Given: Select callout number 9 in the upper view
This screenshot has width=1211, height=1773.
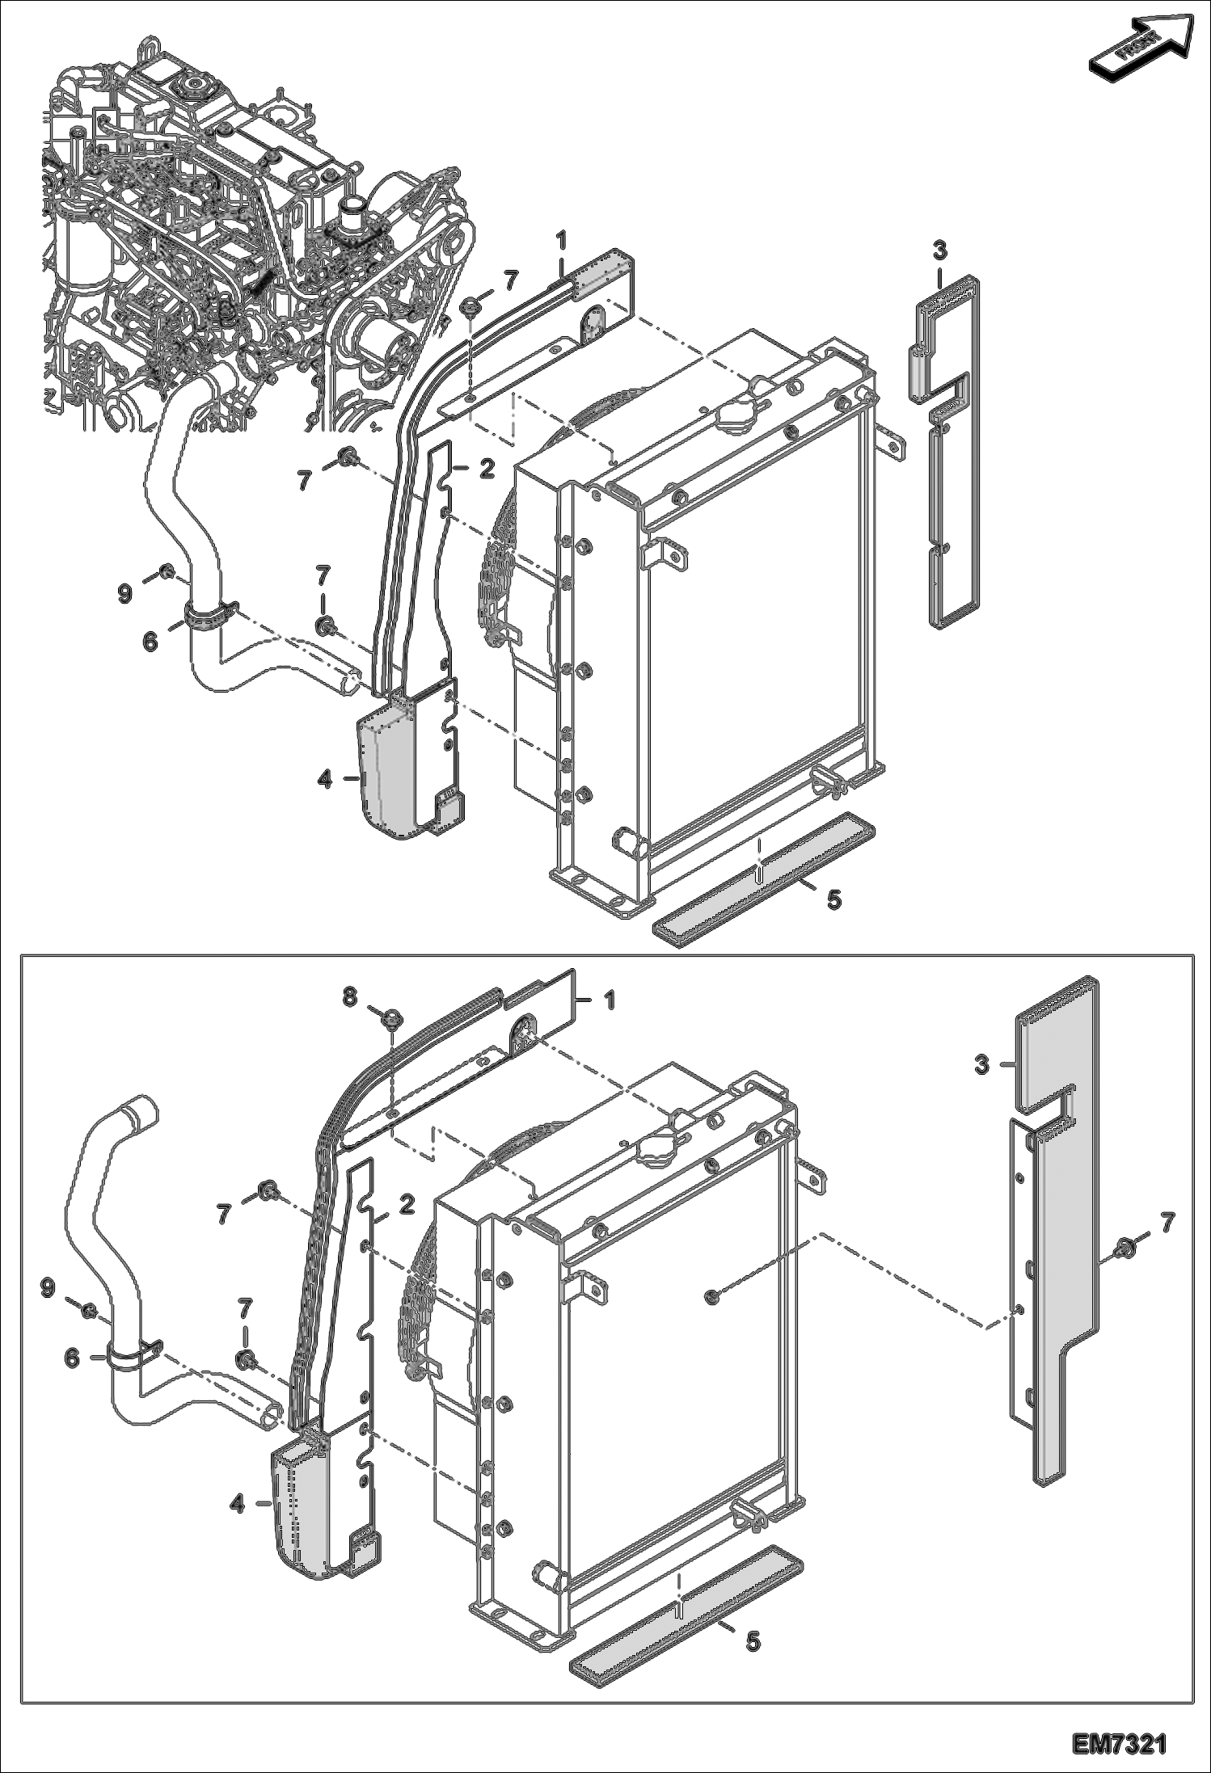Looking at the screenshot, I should pyautogui.click(x=124, y=594).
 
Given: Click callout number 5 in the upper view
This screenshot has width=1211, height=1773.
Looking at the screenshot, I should pyautogui.click(x=833, y=899).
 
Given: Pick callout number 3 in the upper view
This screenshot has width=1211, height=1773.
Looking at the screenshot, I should pyautogui.click(x=939, y=251).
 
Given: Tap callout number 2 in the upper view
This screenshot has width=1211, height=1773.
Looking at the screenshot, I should pyautogui.click(x=486, y=468).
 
